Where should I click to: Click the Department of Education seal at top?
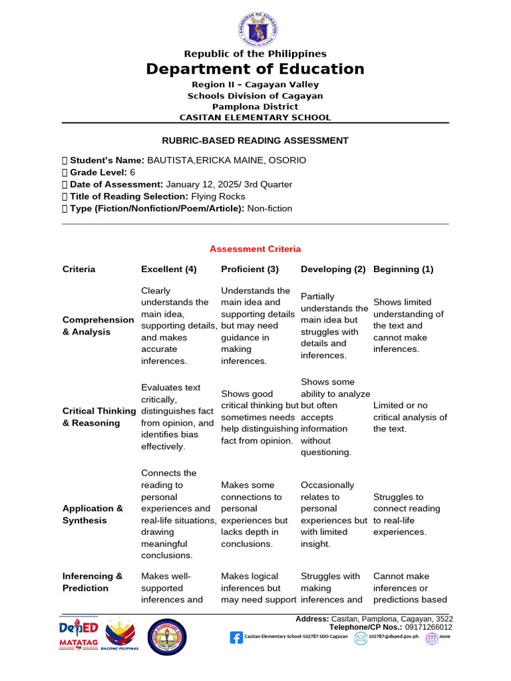[257, 31]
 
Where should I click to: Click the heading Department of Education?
[255, 69]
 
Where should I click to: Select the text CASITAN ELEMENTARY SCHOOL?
[255, 118]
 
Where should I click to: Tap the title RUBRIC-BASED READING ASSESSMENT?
[255, 140]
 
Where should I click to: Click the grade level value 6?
[132, 172]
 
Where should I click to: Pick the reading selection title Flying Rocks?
[218, 196]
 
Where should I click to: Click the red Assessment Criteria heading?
[255, 249]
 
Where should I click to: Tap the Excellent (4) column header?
[169, 269]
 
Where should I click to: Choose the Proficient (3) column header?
[250, 269]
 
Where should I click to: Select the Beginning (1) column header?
[403, 269]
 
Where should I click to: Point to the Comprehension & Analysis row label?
[98, 326]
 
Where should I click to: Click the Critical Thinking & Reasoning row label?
[99, 417]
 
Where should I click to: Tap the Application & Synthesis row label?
[93, 515]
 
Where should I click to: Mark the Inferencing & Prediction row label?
[92, 582]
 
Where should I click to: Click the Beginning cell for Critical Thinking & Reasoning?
[410, 417]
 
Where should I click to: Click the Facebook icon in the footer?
[236, 638]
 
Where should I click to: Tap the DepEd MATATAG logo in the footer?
[79, 636]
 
